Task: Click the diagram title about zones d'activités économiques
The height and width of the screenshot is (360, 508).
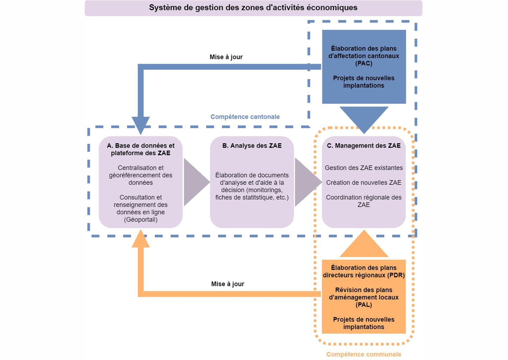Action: [x=253, y=8]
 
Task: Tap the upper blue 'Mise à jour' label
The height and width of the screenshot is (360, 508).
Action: [x=226, y=57]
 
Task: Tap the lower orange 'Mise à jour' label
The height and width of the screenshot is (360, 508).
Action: [x=228, y=284]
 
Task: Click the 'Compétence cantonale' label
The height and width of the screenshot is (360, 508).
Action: [x=245, y=117]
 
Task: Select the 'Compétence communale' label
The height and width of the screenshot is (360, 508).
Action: [x=363, y=354]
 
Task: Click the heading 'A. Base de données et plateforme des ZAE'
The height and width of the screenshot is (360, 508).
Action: [x=141, y=149]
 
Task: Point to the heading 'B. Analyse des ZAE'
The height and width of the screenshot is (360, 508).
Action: [x=252, y=146]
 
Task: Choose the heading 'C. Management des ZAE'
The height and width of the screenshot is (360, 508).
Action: [x=363, y=146]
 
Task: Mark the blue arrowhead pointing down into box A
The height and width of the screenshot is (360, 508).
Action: [x=141, y=124]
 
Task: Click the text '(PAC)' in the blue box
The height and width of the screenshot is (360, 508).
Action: [x=363, y=63]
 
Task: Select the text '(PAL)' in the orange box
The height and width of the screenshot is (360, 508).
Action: [x=363, y=305]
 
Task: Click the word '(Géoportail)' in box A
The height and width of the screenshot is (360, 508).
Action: [x=141, y=220]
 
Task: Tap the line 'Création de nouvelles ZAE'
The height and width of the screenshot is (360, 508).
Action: [x=363, y=183]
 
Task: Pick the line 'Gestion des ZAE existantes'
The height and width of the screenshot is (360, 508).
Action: [x=363, y=168]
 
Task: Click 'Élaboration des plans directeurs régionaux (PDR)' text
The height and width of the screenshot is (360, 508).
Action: [x=363, y=272]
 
